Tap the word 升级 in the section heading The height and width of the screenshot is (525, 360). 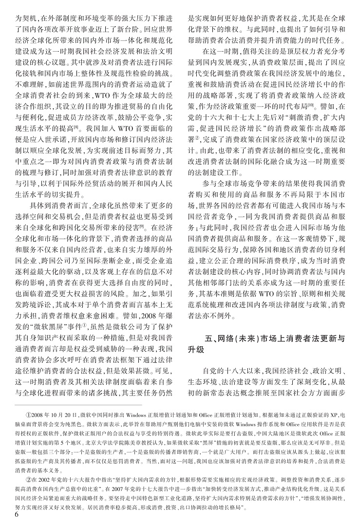[195, 350]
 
